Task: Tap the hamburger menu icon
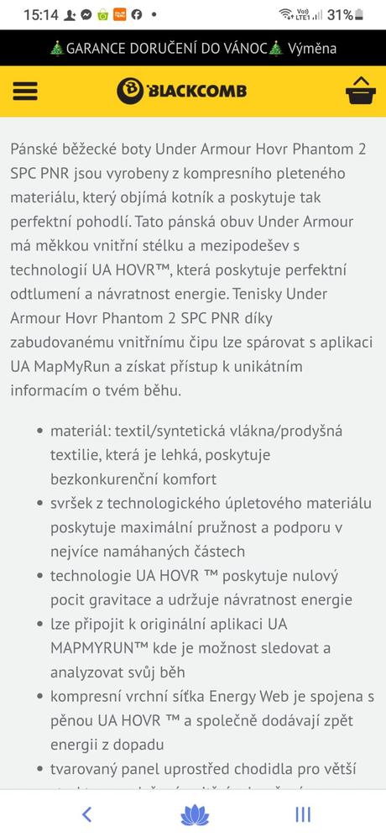[25, 91]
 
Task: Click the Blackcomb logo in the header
[182, 90]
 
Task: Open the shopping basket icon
[360, 91]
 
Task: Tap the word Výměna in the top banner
[312, 48]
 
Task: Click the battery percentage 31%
[339, 14]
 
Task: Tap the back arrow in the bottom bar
[86, 813]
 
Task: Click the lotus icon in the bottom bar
[193, 813]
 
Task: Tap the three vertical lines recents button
[303, 813]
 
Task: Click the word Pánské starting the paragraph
[37, 149]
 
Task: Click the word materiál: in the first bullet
[81, 431]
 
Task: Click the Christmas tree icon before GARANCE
[57, 48]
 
